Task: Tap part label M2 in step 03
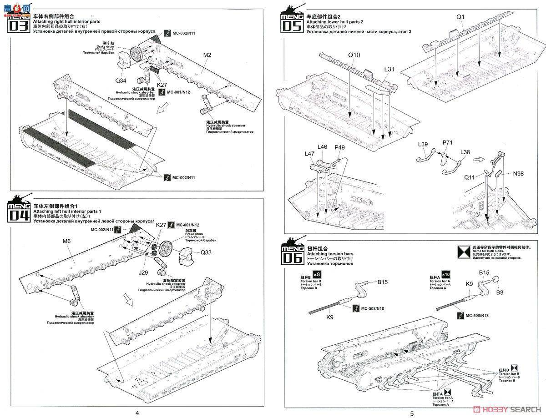point(207,55)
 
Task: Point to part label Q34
point(121,81)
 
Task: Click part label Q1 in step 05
point(460,17)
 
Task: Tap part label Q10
point(354,55)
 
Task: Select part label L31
point(389,69)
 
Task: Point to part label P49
point(340,147)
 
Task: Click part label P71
point(448,143)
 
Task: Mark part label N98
point(519,173)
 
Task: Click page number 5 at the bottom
point(412,413)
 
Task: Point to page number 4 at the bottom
point(137,413)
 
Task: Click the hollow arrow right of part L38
point(479,160)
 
